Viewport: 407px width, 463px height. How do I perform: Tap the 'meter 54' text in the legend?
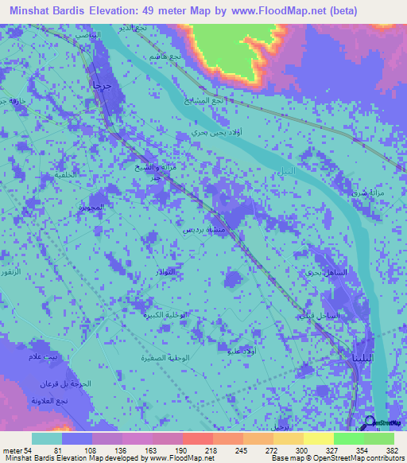pos(16,449)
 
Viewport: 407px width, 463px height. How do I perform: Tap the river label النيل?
pos(284,172)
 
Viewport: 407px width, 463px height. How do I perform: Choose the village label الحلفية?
pos(68,174)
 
